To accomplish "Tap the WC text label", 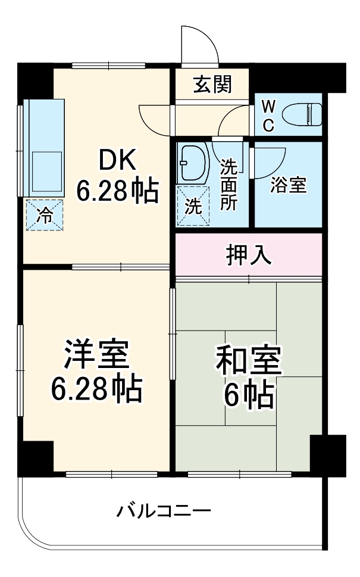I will coord(268,116).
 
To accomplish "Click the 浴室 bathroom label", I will coord(289,185).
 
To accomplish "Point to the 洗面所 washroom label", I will coord(228,184).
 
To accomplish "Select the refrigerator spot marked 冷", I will coord(43,215).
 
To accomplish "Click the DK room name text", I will coord(117,159).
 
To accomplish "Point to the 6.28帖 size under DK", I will coord(117,191).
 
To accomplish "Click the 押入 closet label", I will coord(249,255).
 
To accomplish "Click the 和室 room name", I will coord(249,360).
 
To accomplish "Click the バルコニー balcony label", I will coord(163,511).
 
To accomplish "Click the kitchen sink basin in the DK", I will coord(46,170).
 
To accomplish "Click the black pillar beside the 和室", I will coord(327,456).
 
